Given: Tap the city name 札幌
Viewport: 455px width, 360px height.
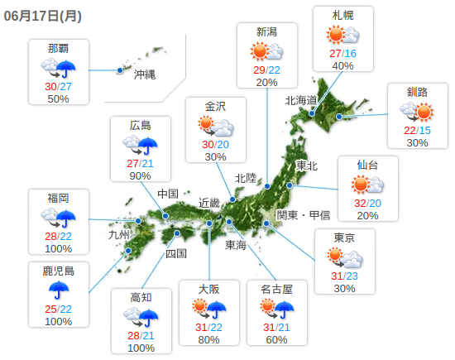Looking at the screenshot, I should pos(342,16).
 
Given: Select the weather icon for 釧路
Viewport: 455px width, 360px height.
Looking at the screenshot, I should pos(416,111).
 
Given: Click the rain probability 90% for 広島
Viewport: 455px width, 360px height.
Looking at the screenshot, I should pos(140,175).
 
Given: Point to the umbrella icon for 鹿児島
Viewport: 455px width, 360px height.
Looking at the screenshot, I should pos(58,290).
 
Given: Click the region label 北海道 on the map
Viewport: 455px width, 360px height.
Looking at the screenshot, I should pos(301,100).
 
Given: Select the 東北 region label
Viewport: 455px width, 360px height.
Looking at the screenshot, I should pos(307,166).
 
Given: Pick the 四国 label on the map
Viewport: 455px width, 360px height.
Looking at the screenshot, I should pos(176,253).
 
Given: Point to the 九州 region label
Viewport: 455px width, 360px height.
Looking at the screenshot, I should pos(120,234).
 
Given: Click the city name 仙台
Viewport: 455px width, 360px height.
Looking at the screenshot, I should pos(368,164).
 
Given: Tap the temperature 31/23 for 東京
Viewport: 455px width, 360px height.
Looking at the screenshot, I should pos(344,275).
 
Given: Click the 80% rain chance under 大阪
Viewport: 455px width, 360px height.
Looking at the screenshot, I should pos(208,339).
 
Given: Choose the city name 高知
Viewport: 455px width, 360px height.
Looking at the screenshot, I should pos(141,296).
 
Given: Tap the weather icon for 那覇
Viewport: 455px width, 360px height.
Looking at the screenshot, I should pos(58,68).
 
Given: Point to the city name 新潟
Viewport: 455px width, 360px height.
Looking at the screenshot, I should pos(266,32).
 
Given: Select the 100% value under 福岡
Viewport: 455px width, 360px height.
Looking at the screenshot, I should pos(58,248).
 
